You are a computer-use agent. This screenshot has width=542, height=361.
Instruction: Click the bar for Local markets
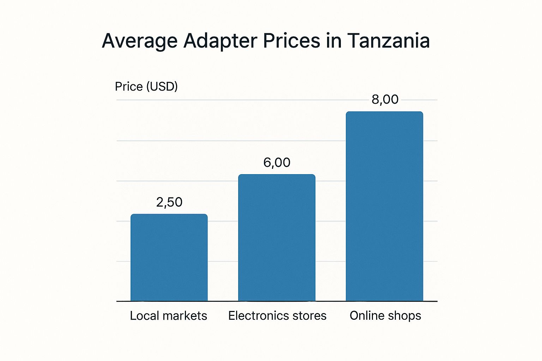tap(169, 257)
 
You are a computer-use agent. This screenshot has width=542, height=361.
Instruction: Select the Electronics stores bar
tap(277, 238)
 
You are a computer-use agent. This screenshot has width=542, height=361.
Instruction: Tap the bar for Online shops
tap(384, 206)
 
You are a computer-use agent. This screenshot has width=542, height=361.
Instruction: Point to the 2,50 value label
tap(169, 202)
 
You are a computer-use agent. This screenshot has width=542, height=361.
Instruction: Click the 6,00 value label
tap(277, 163)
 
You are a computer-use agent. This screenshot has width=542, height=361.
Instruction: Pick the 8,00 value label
tap(385, 100)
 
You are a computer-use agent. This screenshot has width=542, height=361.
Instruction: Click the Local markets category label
tap(168, 316)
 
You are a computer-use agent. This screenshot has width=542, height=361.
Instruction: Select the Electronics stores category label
tap(277, 316)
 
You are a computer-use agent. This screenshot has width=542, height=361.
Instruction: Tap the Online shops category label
tap(385, 316)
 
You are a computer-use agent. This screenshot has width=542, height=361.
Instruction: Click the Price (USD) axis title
tap(146, 87)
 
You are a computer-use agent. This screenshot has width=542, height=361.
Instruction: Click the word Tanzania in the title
tap(389, 41)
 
